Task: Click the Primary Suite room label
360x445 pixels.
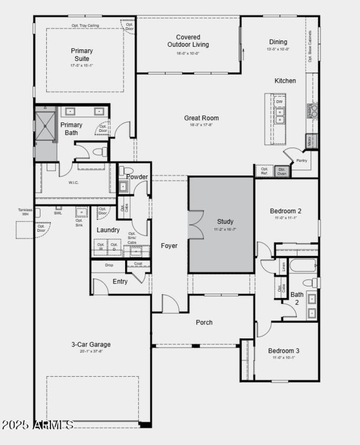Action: click(81, 55)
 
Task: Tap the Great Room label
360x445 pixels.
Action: click(201, 118)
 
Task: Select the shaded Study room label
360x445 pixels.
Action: click(225, 222)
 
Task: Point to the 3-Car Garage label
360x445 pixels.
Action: click(90, 345)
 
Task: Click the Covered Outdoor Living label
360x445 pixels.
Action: click(188, 41)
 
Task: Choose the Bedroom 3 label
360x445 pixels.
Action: click(283, 351)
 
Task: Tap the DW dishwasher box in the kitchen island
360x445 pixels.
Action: click(279, 102)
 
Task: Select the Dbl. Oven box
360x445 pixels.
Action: click(282, 171)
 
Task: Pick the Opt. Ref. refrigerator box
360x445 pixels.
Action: click(265, 171)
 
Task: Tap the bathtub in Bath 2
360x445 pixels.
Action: click(303, 265)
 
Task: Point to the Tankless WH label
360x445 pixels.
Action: click(25, 212)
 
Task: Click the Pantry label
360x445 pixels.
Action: click(301, 161)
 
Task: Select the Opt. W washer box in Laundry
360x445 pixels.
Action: click(101, 247)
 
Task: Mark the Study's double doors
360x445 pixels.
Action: click(193, 224)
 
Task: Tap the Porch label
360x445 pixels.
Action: click(204, 322)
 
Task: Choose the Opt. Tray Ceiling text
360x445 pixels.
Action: click(85, 26)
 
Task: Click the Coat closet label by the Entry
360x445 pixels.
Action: click(138, 264)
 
